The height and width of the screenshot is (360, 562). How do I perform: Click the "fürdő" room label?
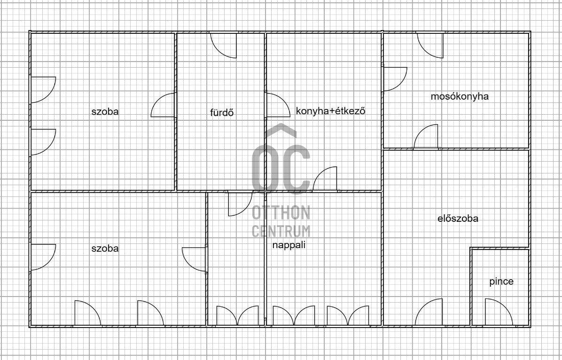click(222, 112)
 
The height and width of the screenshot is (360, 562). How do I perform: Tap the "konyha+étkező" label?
click(330, 111)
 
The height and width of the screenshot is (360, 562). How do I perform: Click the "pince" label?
click(501, 282)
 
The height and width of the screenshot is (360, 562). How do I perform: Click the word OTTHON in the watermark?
click(281, 213)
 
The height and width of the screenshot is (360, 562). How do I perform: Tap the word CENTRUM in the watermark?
click(281, 231)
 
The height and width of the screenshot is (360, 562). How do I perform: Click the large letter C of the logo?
click(297, 169)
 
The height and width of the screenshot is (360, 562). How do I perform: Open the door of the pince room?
click(498, 313)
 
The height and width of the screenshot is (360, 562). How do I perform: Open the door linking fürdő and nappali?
click(239, 203)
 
